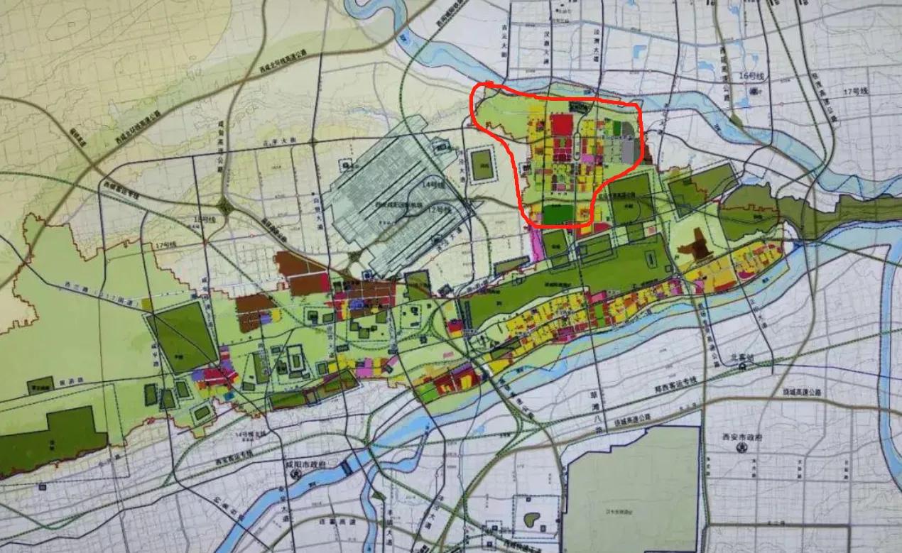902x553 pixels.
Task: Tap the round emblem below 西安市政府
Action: click(x=741, y=448)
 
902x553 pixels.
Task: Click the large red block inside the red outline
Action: click(x=561, y=125)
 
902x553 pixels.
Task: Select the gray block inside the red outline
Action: click(x=628, y=148)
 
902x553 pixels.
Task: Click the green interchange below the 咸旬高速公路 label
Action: click(x=226, y=208)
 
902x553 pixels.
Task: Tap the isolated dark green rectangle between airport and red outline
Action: click(x=482, y=163)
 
